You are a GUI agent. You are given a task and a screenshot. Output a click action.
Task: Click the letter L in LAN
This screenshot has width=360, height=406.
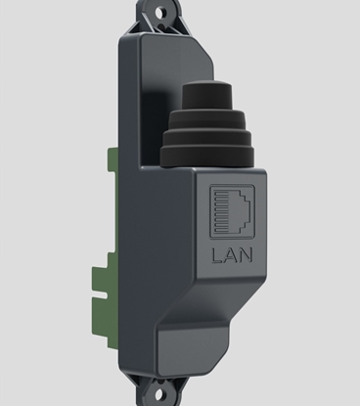pos(216,258)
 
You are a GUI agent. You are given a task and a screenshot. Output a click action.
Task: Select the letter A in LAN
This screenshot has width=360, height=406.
pos(233,258)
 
